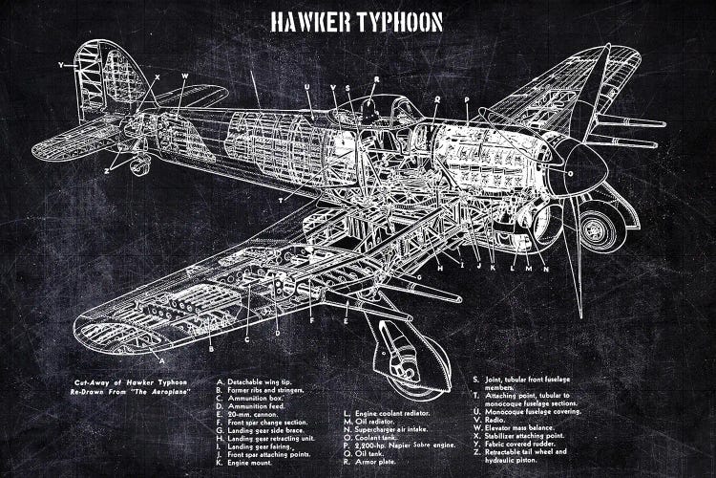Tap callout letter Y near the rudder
pos(60,65)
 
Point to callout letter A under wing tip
pos(161,361)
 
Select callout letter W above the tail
pos(184,76)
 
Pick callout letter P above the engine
pos(466,99)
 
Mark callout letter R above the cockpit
pos(376,79)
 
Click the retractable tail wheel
pos(139,167)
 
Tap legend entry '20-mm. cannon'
pos(253,412)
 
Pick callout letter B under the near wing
pos(210,349)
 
